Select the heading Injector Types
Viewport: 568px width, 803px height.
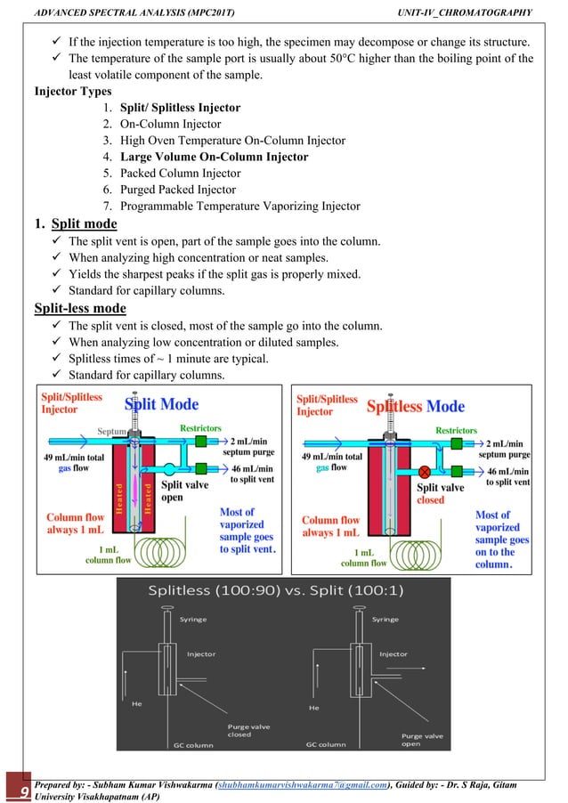coord(72,92)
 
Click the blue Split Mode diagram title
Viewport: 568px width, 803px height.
coord(161,404)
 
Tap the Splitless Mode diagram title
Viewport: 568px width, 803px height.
coord(416,407)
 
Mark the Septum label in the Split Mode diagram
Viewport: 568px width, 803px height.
coord(111,431)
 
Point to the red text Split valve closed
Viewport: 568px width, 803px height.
coord(441,493)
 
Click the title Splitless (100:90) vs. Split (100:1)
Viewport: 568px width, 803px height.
coord(283,590)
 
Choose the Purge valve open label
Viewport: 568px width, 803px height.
coord(422,740)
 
